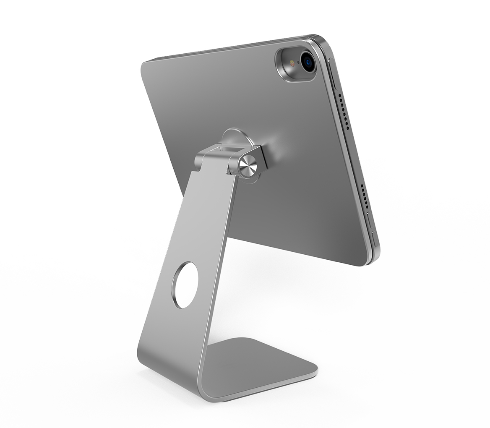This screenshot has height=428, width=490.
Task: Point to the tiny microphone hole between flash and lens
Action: point(298,63)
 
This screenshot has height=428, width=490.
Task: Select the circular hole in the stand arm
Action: point(185,285)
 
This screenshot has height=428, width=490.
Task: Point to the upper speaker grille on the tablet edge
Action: point(344,111)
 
